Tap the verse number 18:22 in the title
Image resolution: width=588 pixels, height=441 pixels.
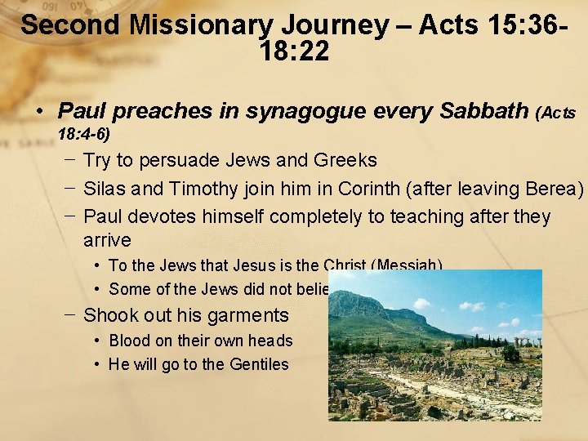pyautogui.click(x=294, y=52)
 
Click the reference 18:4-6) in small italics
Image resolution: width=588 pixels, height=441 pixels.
pyautogui.click(x=84, y=132)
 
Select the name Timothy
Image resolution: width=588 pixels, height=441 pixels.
pyautogui.click(x=205, y=189)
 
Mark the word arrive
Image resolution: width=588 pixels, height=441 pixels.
pyautogui.click(x=107, y=241)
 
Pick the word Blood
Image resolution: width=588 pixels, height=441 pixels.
pyautogui.click(x=130, y=341)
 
